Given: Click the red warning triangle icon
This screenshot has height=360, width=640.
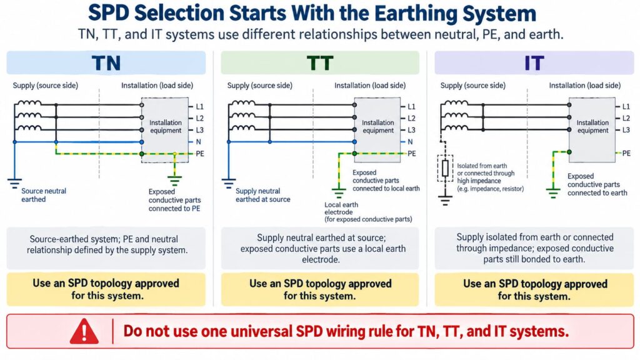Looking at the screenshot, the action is point(84,331).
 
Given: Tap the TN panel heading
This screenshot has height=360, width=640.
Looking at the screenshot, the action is point(106,63).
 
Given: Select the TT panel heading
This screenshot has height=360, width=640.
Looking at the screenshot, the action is point(320,63).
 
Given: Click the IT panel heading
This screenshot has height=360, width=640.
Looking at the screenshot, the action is point(534,63).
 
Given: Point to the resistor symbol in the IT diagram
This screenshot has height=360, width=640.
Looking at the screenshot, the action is point(445,168).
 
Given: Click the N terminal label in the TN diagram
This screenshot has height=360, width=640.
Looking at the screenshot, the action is point(199,142).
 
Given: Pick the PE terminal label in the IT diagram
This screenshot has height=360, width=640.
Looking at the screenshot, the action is point(626,154).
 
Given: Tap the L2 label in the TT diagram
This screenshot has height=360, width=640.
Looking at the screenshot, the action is point(411,118).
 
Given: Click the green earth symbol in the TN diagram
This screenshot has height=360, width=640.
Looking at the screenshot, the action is point(175,180).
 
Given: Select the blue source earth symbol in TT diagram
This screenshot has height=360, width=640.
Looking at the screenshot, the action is point(229,183).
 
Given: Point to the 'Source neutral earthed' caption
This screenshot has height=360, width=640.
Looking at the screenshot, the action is point(44,195).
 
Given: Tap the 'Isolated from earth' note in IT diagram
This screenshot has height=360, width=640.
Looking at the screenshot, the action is point(482,166).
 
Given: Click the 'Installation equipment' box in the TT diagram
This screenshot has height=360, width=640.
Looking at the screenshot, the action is point(377,130).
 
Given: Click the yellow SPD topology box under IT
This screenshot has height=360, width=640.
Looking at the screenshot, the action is point(534,290).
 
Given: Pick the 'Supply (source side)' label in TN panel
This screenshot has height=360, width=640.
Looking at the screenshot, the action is point(45,85).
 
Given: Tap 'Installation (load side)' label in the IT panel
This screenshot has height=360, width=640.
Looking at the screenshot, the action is point(584,85).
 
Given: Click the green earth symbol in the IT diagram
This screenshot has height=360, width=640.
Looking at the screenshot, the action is point(553,192).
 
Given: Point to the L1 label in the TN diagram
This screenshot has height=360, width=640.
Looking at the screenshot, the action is point(199,107).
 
